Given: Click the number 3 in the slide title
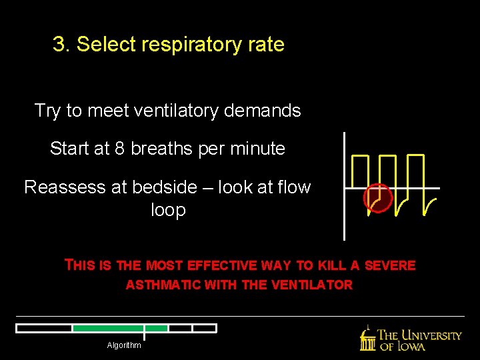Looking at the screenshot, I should [x=59, y=45].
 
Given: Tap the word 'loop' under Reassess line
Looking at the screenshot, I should [x=168, y=210].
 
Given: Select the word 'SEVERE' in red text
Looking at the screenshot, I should [x=391, y=265].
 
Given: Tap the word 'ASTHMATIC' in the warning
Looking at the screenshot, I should [x=164, y=285].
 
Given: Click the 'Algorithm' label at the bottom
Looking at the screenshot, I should [x=124, y=345].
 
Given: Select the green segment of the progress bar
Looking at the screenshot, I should [x=120, y=328].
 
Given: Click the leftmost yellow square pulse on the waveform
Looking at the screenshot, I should [x=361, y=171].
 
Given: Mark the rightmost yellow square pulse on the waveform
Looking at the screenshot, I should [x=415, y=171].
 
